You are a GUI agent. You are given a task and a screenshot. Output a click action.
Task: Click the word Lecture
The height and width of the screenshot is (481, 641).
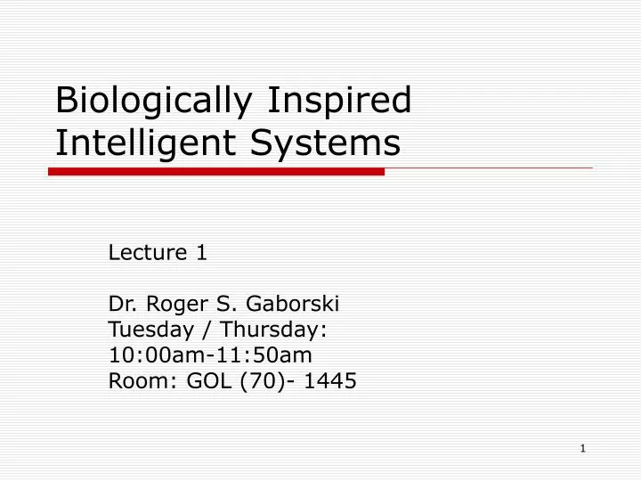click(146, 253)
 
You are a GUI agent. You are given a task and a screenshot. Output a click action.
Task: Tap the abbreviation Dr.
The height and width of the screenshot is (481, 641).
click(120, 305)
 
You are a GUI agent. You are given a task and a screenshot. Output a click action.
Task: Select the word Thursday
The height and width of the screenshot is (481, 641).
click(279, 330)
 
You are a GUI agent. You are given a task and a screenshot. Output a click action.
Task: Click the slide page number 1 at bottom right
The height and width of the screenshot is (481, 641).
click(582, 449)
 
